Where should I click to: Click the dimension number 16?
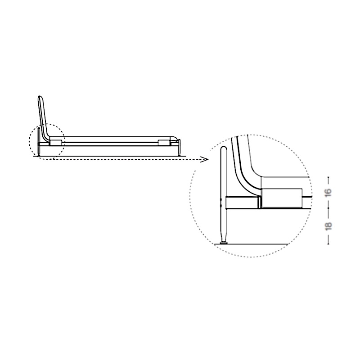coord(328,192)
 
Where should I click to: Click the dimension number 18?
coord(328,226)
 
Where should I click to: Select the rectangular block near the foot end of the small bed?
coord(164,143)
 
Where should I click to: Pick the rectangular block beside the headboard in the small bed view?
coord(56,143)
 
